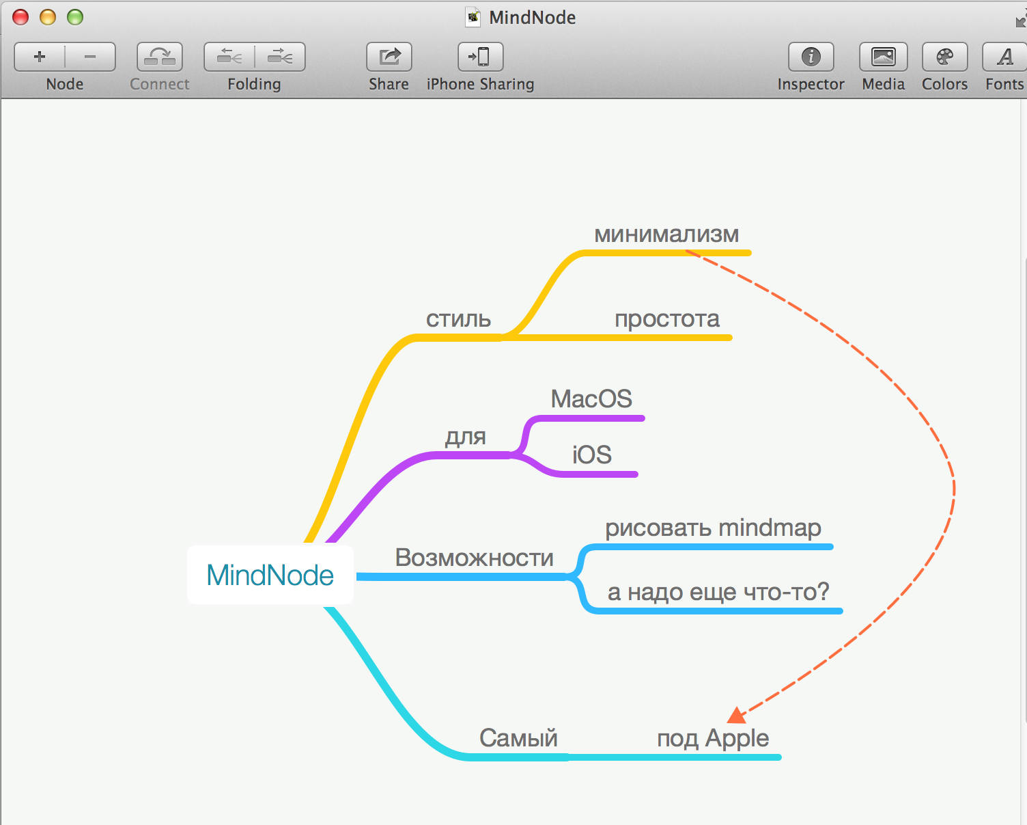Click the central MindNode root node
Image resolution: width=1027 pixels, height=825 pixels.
coord(270,575)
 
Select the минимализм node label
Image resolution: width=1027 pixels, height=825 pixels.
coord(666,234)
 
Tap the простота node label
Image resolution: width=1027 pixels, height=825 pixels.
coord(667,319)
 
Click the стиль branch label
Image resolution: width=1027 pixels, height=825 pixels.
coord(458,319)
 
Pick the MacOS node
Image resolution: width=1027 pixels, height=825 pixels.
coord(591,398)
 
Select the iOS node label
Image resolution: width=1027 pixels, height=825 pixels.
coord(591,455)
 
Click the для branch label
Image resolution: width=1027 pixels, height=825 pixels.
coord(465,436)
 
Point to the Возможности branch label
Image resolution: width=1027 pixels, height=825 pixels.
coord(474,558)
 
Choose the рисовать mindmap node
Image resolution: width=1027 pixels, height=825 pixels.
coord(713,528)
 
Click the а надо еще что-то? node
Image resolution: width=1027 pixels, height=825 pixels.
coord(718,591)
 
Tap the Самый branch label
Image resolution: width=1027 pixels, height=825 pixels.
coord(518,738)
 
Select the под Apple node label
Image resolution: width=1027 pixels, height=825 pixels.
coord(713,738)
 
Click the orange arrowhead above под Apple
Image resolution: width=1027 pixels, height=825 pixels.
coord(737,716)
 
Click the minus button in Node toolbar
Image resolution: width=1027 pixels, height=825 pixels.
coord(90,57)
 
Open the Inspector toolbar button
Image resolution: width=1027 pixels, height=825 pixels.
coord(811,57)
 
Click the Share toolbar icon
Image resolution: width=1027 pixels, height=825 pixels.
coord(389,57)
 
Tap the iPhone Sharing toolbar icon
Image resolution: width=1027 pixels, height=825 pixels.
coord(480,57)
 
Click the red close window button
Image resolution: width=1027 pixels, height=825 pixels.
coord(20,17)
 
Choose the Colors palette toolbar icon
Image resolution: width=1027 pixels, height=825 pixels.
coord(944,57)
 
